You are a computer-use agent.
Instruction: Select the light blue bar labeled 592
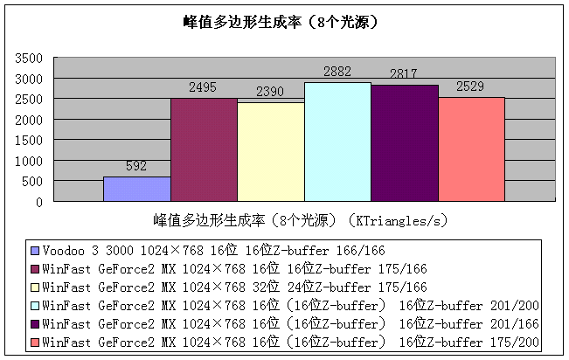(x=136, y=189)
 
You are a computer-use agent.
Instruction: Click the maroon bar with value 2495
(x=204, y=150)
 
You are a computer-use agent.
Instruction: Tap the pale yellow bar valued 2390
(x=270, y=152)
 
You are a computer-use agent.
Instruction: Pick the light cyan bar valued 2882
(x=337, y=142)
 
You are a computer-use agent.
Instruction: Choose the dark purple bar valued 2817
(x=404, y=143)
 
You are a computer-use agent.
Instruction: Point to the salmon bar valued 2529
(x=471, y=149)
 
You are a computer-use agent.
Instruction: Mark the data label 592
(x=136, y=167)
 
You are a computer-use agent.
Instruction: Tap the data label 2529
(x=471, y=88)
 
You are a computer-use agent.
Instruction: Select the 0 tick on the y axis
(x=39, y=202)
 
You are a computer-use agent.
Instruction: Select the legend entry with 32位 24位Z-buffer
(x=234, y=286)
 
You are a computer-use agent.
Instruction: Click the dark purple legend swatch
(x=35, y=322)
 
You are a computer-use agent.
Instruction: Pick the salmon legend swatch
(x=35, y=341)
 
